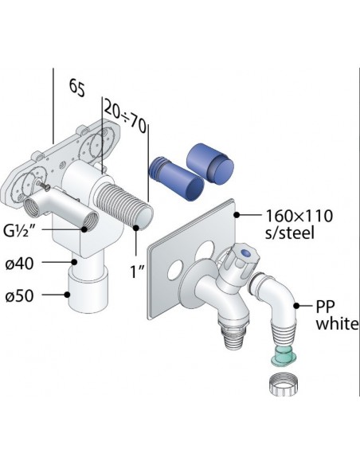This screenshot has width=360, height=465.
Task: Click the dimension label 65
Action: tap(77, 88)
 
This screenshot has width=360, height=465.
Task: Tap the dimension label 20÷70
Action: tap(125, 117)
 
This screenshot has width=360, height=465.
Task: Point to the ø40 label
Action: tap(19, 264)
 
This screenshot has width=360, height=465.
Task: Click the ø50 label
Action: tap(19, 296)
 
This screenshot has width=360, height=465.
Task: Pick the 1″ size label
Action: tap(137, 271)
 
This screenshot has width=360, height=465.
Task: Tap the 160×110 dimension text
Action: tap(299, 216)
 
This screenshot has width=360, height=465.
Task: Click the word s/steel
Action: tap(289, 233)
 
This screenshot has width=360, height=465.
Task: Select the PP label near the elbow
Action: tap(325, 307)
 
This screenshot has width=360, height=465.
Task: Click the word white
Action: tap(337, 323)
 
